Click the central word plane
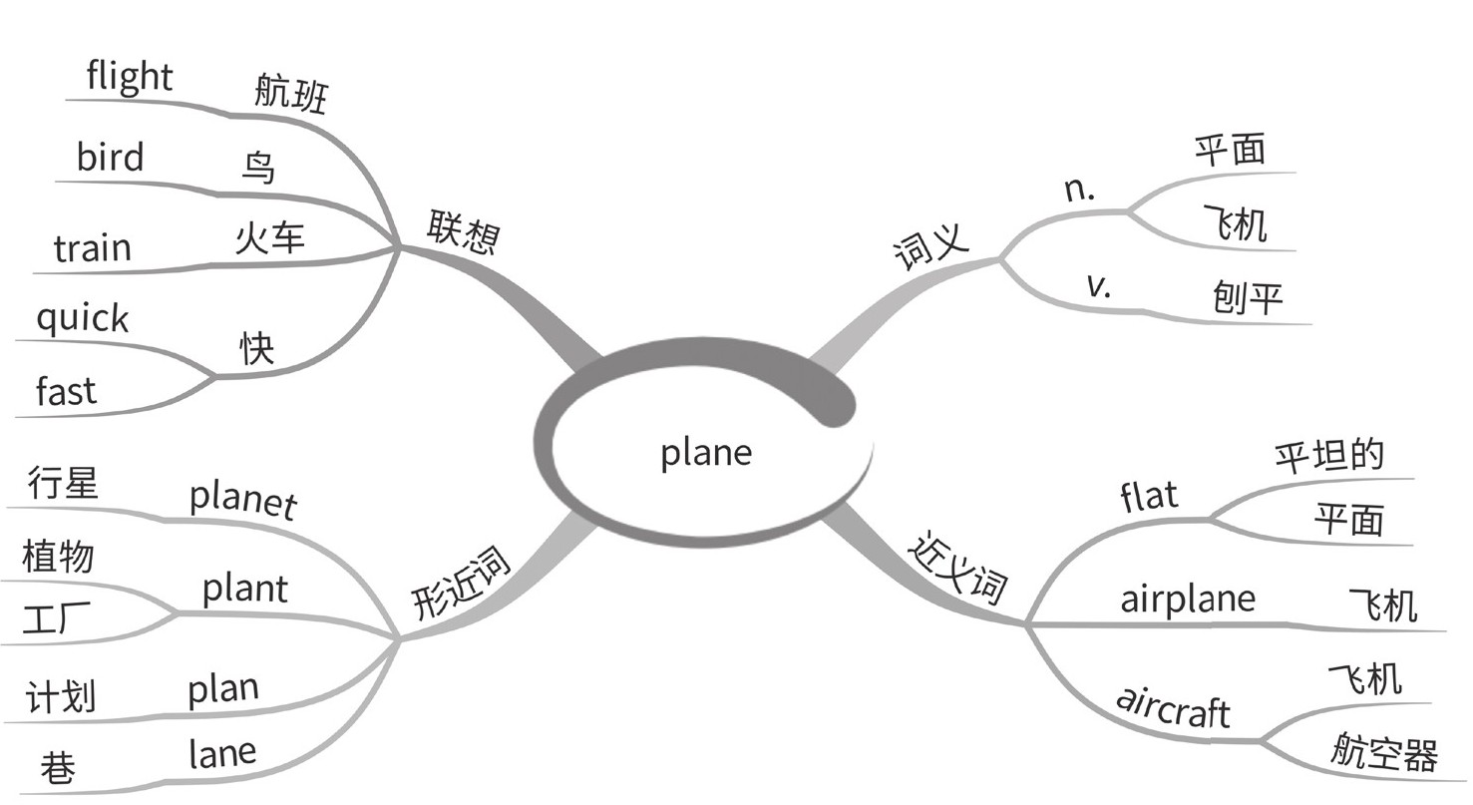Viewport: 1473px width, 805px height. point(706,453)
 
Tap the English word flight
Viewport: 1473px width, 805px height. point(130,76)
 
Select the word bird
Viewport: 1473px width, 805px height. point(110,157)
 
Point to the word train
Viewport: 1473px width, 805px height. point(93,246)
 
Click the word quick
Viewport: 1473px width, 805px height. point(83,319)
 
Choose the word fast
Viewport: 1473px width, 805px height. point(67,391)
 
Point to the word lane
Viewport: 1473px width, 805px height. point(222,753)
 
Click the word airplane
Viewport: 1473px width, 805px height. point(1187,599)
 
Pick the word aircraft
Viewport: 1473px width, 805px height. point(1173,707)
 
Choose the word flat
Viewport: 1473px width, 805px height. point(1149,495)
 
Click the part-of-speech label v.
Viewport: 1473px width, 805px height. point(1098,286)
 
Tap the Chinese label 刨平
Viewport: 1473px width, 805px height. point(1247,297)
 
